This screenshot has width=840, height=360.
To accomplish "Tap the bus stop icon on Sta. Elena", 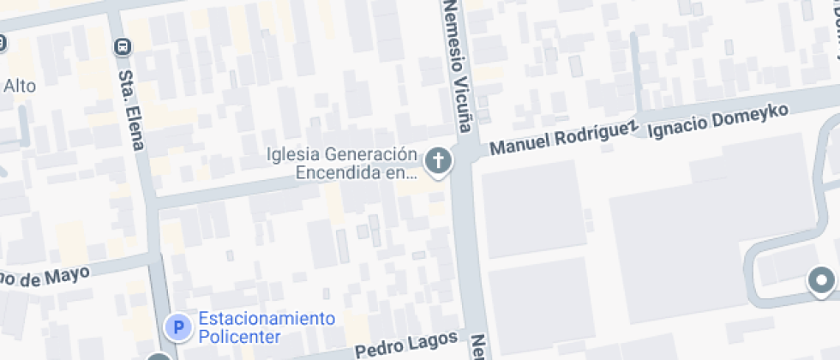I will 123,45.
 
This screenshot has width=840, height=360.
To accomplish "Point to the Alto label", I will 20,86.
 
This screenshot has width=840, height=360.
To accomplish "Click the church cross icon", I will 439,159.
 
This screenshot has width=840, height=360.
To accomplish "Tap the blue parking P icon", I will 178,327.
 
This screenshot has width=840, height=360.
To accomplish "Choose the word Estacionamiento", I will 267,319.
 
